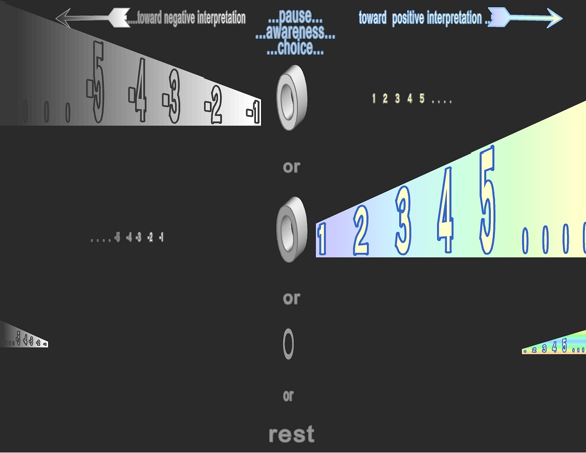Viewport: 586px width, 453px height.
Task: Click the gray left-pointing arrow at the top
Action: pos(93,18)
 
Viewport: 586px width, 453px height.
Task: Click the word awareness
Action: pos(295,33)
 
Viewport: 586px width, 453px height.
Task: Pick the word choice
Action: pos(295,49)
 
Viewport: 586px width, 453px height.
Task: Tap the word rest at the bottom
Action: pos(291,435)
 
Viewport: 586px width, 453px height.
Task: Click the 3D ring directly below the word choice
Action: pos(291,97)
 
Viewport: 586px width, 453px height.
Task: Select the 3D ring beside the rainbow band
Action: pos(291,229)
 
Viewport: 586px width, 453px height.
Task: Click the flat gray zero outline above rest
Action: pos(289,344)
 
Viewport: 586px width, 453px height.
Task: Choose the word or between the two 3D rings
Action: pos(291,167)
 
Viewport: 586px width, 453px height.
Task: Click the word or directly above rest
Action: pos(288,396)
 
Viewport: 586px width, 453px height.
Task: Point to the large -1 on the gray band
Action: pos(254,113)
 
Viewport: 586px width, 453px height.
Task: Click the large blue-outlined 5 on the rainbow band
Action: pos(488,201)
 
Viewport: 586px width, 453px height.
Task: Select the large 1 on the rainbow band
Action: pos(322,240)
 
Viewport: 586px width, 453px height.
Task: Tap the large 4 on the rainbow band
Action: pos(446,210)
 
